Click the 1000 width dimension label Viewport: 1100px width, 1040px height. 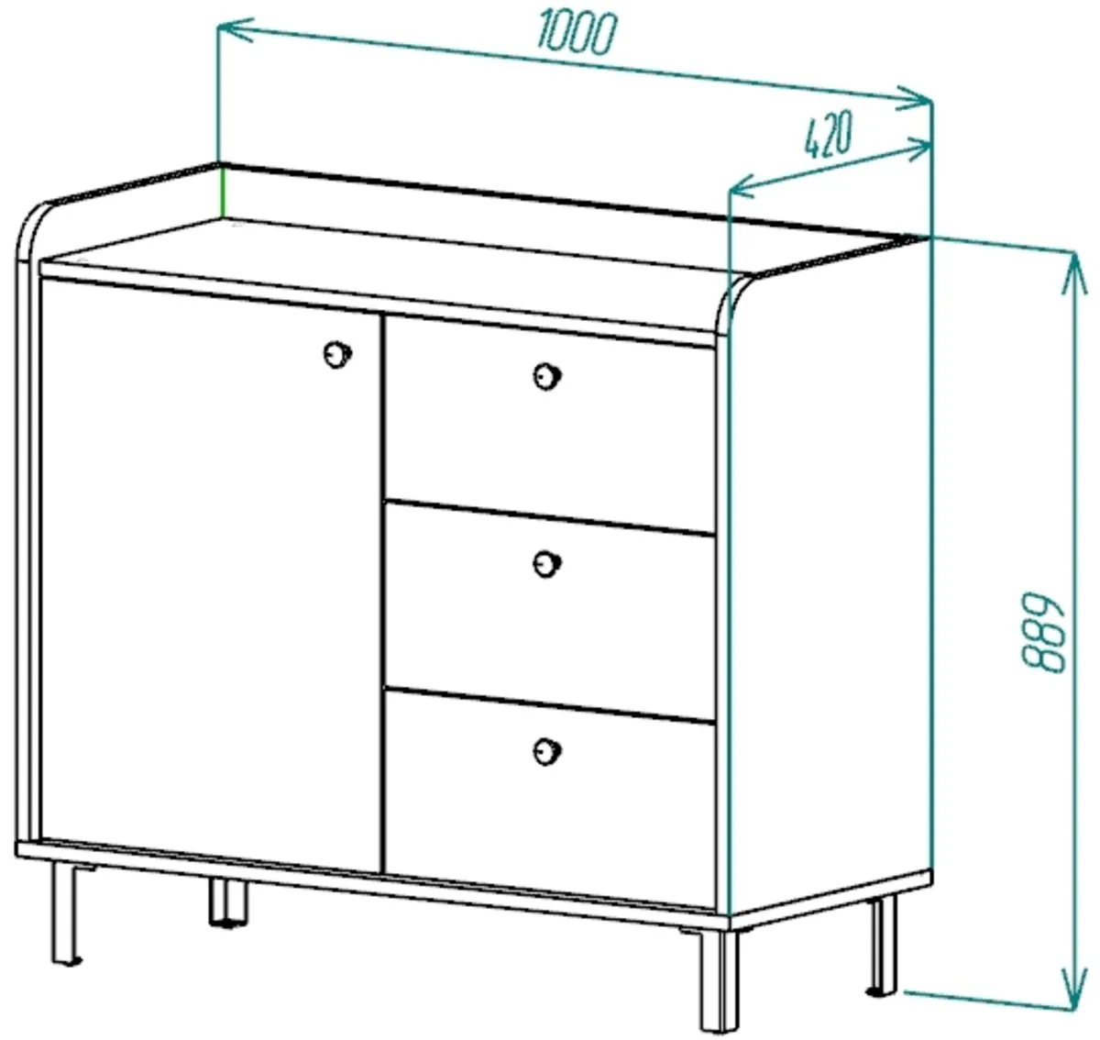(x=577, y=33)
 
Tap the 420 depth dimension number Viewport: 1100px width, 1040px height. (x=827, y=135)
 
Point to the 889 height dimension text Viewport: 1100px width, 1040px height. (x=1043, y=633)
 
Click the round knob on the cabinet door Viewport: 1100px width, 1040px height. (x=337, y=354)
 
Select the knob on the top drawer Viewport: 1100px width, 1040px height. (x=547, y=376)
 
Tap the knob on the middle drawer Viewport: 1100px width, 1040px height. (x=547, y=564)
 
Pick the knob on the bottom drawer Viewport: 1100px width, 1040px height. (x=547, y=752)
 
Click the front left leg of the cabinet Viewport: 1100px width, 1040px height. (x=67, y=913)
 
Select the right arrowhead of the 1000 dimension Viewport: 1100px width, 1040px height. (x=914, y=99)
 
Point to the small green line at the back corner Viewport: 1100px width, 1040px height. (x=223, y=192)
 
